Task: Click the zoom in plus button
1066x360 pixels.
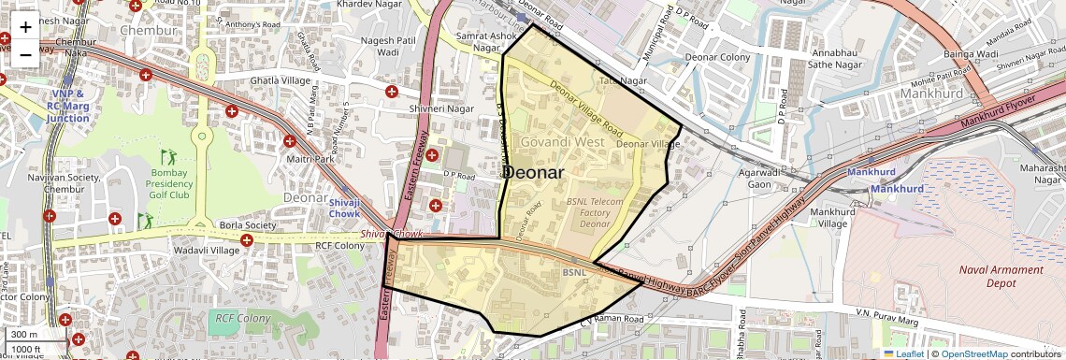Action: [x=25, y=26]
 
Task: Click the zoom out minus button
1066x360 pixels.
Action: [x=25, y=53]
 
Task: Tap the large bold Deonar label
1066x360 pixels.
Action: [x=533, y=173]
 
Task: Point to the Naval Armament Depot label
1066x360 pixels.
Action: [x=1001, y=276]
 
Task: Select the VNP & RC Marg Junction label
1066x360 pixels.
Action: [x=67, y=106]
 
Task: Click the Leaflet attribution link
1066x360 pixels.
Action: [x=903, y=353]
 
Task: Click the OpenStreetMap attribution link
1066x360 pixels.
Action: [x=973, y=353]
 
